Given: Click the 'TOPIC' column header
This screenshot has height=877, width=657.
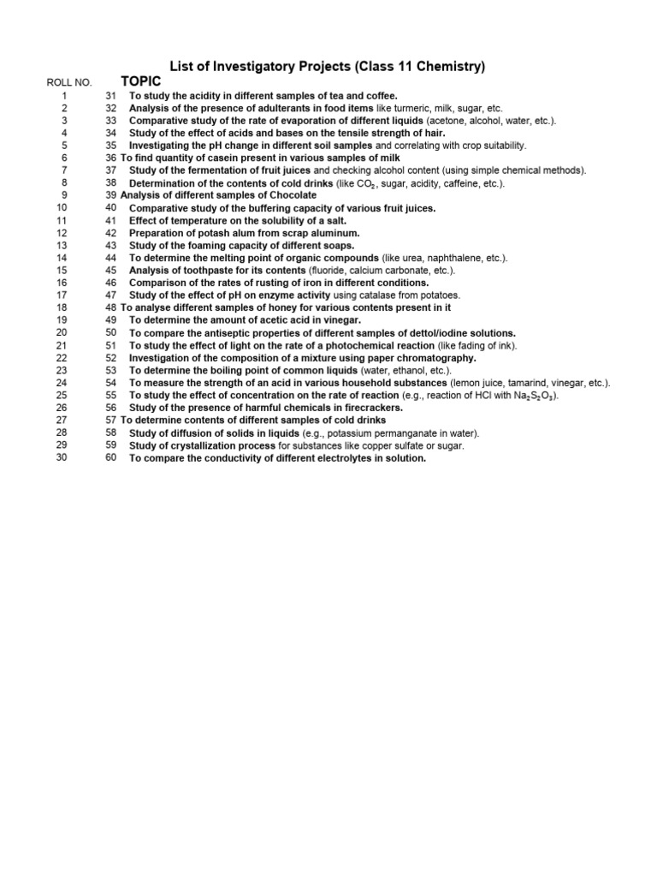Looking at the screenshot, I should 141,81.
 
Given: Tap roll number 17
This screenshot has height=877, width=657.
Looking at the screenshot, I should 62,295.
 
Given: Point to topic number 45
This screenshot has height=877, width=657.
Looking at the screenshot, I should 110,270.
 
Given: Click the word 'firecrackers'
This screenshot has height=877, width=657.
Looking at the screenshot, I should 373,408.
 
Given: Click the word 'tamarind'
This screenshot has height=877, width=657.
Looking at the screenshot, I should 542,383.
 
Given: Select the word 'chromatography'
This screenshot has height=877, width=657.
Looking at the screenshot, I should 433,357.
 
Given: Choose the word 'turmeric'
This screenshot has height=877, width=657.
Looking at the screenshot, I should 394,109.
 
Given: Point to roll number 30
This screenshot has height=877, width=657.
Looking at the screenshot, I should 62,457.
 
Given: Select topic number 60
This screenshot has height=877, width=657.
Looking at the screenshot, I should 110,457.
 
